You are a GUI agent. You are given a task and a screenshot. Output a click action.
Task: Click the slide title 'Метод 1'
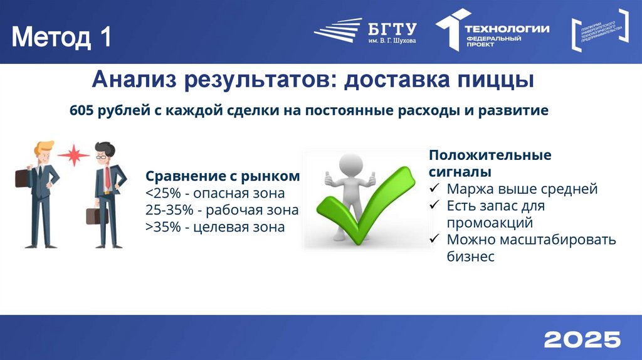tap(61, 37)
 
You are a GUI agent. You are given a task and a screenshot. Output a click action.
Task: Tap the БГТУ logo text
tap(392, 28)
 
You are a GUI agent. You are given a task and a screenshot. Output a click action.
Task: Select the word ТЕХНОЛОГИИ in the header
tap(507, 28)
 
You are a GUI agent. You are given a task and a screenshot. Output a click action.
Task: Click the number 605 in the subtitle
tap(82, 110)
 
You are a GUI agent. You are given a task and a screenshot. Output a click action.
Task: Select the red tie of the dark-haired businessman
tap(107, 177)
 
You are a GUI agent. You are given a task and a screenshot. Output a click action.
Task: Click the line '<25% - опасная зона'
tap(215, 193)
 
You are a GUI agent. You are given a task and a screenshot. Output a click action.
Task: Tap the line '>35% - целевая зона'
tap(215, 226)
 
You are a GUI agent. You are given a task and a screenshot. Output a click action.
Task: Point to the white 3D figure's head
tap(350, 165)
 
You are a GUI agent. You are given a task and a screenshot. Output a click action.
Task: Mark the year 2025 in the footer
tap(582, 339)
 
